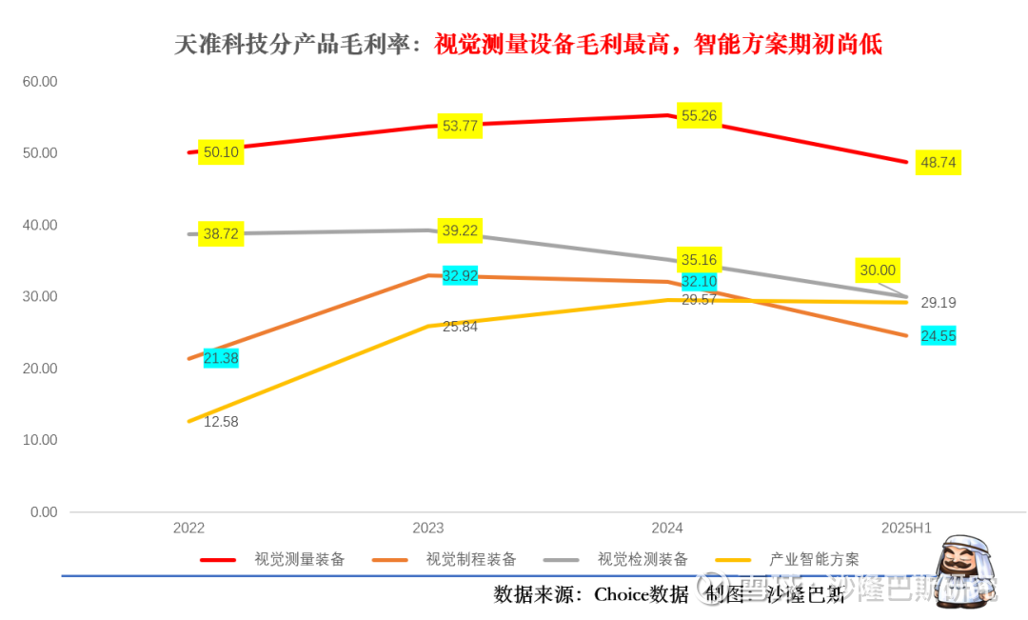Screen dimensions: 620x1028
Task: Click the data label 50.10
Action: click(221, 152)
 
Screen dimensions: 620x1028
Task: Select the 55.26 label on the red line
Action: click(699, 116)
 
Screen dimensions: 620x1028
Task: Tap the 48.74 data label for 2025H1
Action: click(938, 163)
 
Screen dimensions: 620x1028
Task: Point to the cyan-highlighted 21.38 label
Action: click(221, 358)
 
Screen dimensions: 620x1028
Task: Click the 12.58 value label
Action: click(221, 422)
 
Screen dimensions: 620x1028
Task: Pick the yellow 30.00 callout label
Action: click(878, 270)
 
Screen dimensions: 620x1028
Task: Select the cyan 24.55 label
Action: click(938, 336)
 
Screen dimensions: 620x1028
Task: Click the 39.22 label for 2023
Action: click(461, 230)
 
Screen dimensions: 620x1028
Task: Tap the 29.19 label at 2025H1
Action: click(939, 304)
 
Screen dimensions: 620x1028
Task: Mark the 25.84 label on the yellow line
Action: click(460, 327)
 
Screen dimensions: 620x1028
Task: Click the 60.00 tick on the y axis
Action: click(40, 82)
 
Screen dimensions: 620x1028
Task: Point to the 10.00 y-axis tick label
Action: click(40, 441)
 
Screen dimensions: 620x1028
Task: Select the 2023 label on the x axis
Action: click(428, 528)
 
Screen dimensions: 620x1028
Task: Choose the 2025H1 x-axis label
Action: click(905, 528)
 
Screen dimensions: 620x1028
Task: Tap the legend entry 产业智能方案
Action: click(814, 559)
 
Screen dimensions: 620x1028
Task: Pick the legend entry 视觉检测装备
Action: click(642, 559)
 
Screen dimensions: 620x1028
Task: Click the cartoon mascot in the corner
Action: click(963, 569)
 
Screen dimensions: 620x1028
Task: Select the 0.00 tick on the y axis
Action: click(44, 512)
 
